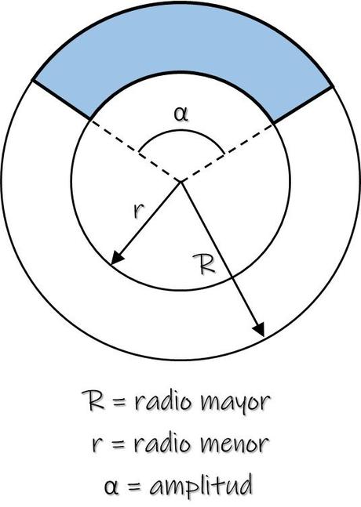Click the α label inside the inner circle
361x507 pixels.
[181, 113]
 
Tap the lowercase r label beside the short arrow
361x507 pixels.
[138, 211]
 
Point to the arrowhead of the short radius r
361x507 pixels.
[116, 261]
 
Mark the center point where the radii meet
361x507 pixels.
[181, 181]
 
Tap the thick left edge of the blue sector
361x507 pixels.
[62, 100]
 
